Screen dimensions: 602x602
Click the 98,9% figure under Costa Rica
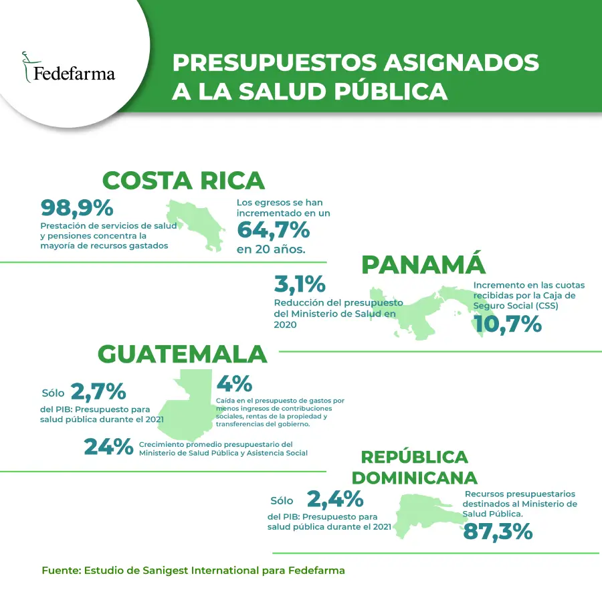click(77, 208)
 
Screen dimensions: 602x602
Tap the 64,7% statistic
click(273, 230)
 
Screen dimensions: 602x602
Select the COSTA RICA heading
click(183, 181)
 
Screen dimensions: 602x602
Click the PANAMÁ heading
click(423, 265)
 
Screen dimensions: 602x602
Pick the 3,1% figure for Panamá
click(300, 284)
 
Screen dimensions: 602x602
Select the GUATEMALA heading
click(183, 354)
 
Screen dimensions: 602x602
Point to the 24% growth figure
click(108, 446)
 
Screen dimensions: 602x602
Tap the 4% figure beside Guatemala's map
click(233, 384)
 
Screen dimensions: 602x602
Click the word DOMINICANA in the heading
click(415, 478)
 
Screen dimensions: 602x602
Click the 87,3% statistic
click(498, 531)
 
